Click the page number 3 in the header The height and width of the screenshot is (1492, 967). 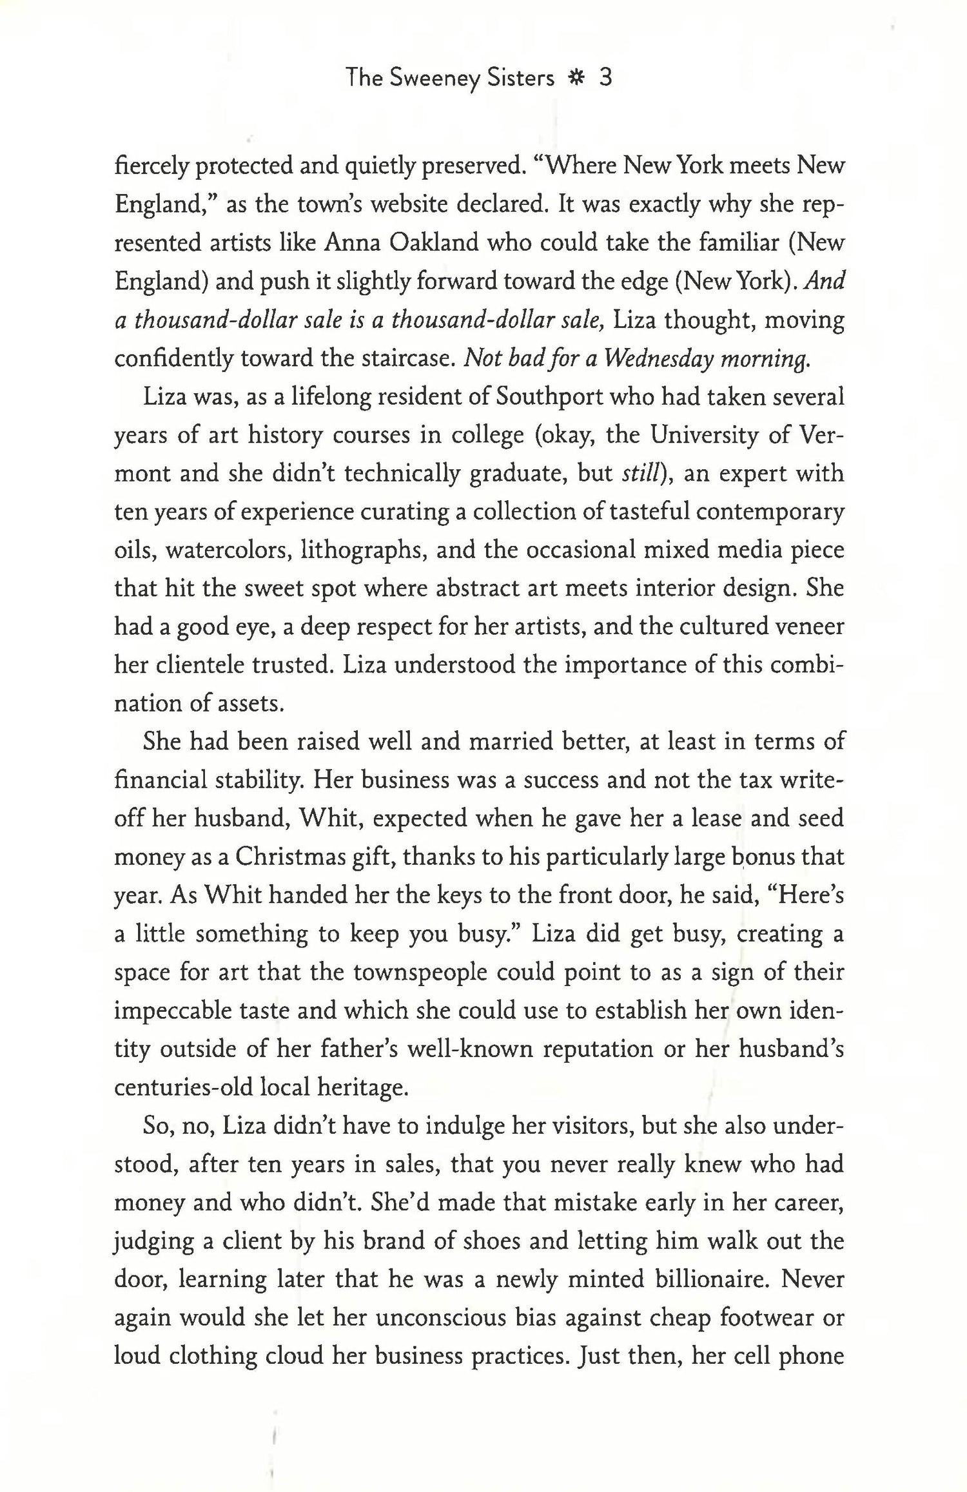[605, 79]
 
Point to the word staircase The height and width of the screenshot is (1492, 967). [399, 358]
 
